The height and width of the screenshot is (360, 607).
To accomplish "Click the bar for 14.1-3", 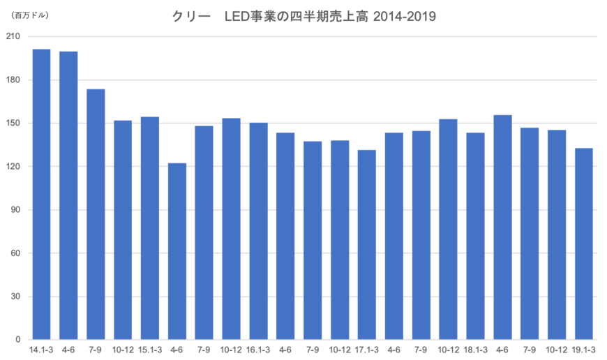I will (x=41, y=193).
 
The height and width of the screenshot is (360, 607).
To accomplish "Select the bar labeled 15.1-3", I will (x=150, y=227).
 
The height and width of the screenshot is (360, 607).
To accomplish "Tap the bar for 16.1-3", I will (x=259, y=230).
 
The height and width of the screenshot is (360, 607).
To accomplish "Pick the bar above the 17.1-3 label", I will (x=367, y=243).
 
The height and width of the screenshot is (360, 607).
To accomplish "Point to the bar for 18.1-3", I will (x=475, y=234).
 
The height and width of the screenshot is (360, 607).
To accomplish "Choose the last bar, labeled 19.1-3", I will (x=584, y=242).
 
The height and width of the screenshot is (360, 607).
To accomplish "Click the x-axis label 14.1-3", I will (x=41, y=347).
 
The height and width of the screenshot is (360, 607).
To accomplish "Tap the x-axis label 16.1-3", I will (x=259, y=347).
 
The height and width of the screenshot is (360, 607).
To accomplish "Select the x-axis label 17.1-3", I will (x=367, y=347).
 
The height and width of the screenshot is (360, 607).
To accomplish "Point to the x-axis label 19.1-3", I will (x=584, y=347).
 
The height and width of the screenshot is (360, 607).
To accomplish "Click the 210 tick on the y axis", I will (x=12, y=36).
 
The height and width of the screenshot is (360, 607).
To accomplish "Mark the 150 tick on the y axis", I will (x=12, y=123).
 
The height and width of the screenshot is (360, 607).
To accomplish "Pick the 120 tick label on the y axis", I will (x=12, y=167).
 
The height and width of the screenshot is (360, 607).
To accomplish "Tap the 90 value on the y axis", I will (x=13, y=210).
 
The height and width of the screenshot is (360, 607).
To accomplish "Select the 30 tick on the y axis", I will (x=13, y=297).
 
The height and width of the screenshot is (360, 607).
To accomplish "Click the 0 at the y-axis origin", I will (x=15, y=340).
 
